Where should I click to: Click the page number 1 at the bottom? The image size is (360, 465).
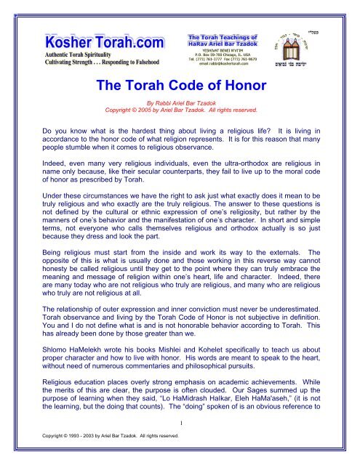[180, 445]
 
